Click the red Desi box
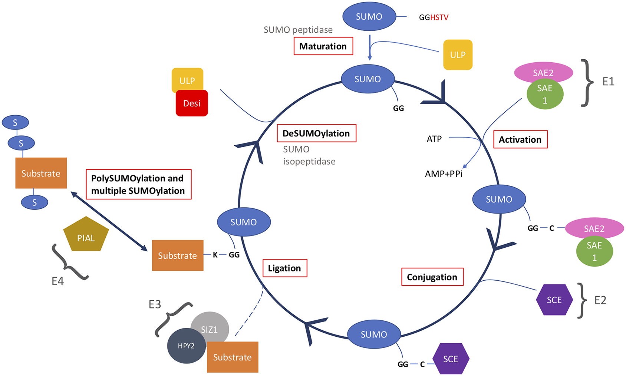tap(192, 103)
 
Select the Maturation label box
tap(323, 46)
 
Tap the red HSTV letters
tap(439, 17)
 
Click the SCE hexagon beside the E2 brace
tap(554, 300)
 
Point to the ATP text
tap(434, 139)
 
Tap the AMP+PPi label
tap(444, 174)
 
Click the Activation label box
tap(520, 139)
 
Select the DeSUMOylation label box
tap(316, 133)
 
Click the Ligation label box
tap(284, 268)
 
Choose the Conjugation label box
tap(432, 277)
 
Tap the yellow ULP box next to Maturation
tap(458, 55)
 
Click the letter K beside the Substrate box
tap(215, 255)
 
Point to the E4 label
tap(57, 281)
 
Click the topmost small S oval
tap(15, 123)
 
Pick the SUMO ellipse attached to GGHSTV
tap(369, 17)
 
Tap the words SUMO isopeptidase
tap(309, 155)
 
